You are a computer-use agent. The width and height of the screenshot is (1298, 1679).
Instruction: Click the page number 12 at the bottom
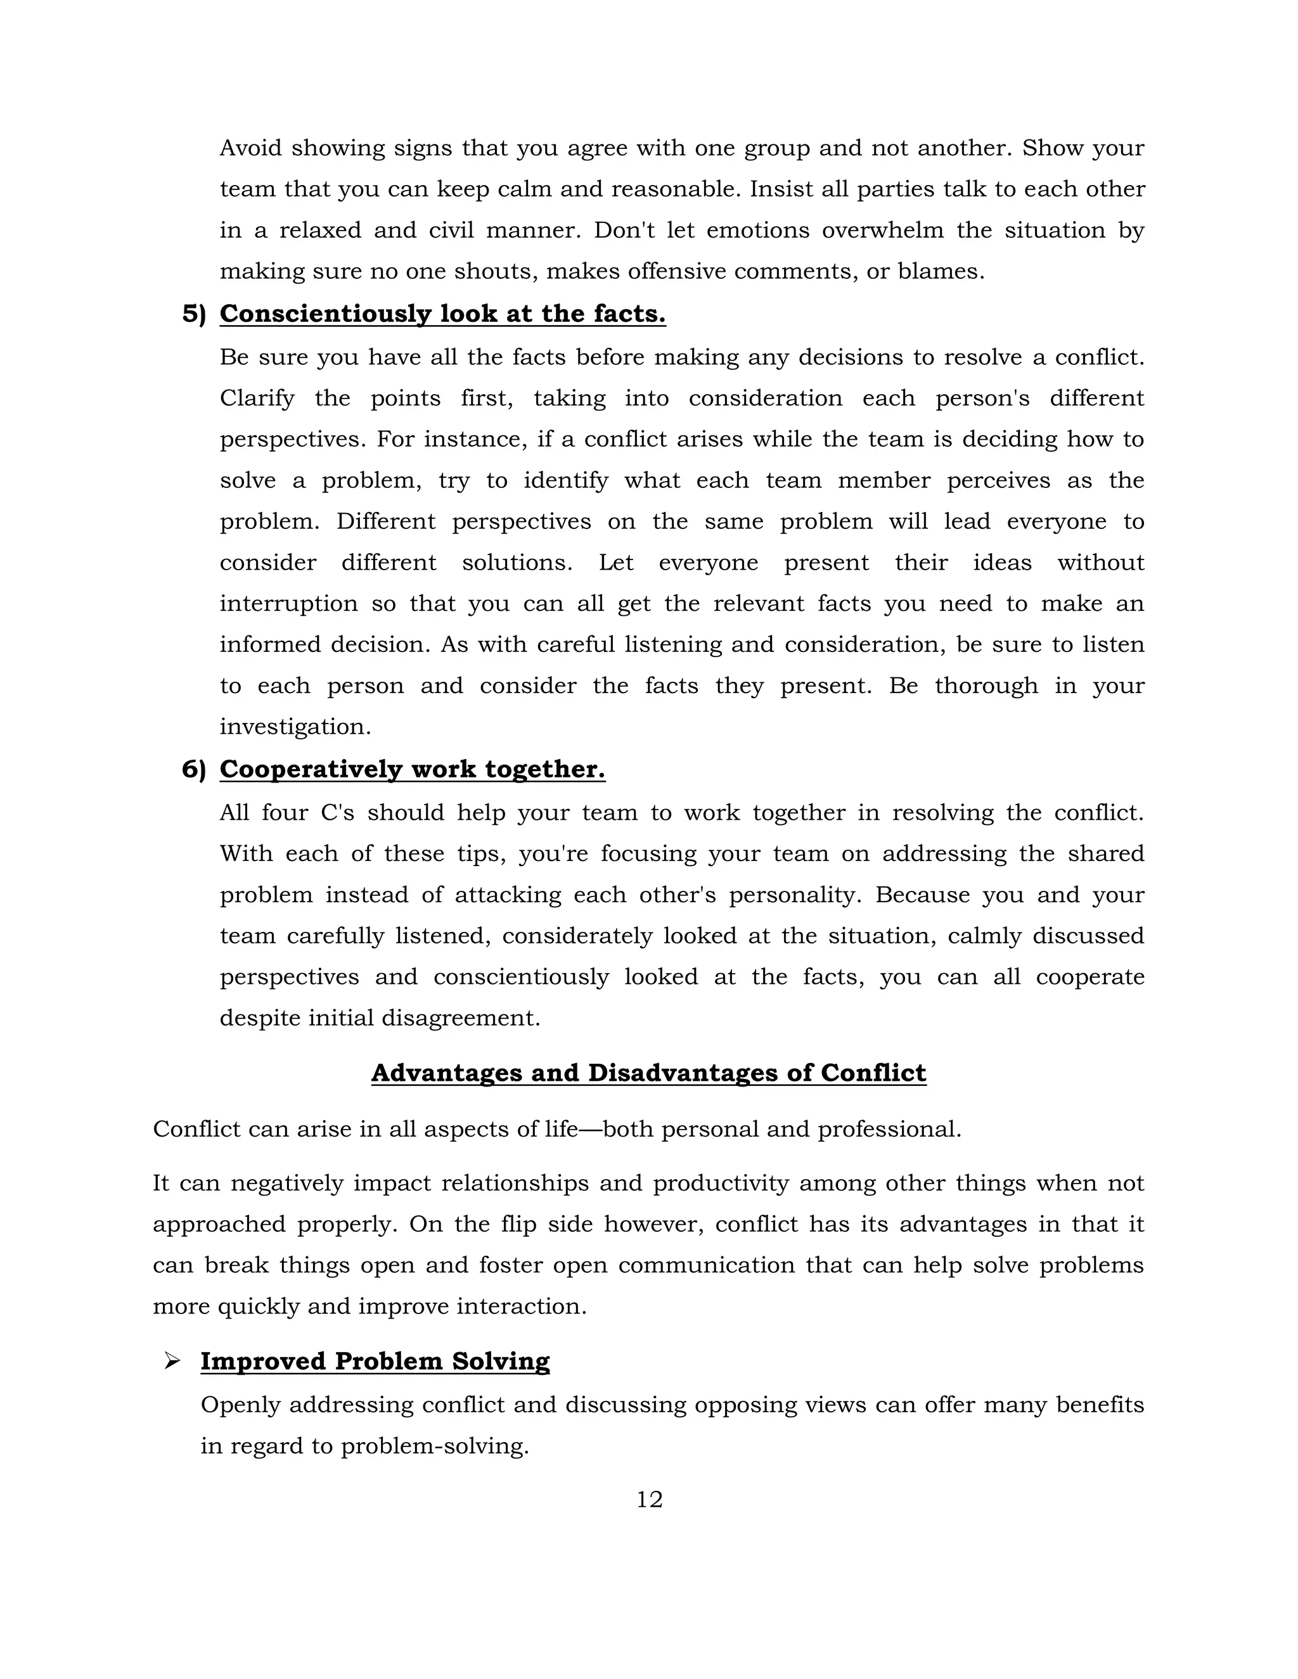point(649,1500)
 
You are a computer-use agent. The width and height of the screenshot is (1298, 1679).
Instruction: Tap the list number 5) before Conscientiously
point(194,314)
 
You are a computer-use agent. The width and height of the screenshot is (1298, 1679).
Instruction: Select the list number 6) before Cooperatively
point(194,770)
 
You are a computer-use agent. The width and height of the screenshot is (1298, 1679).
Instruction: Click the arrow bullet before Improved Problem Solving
point(172,1362)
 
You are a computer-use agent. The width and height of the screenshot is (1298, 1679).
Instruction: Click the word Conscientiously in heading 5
point(324,314)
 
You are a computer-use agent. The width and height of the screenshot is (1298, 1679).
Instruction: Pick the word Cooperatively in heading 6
point(310,770)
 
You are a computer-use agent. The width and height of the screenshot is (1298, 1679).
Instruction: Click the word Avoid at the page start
point(249,148)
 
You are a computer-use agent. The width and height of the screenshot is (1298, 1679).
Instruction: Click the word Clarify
point(257,399)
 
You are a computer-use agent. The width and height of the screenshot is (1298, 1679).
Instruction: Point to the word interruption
point(288,603)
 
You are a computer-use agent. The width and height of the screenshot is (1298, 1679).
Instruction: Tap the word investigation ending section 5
point(295,727)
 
